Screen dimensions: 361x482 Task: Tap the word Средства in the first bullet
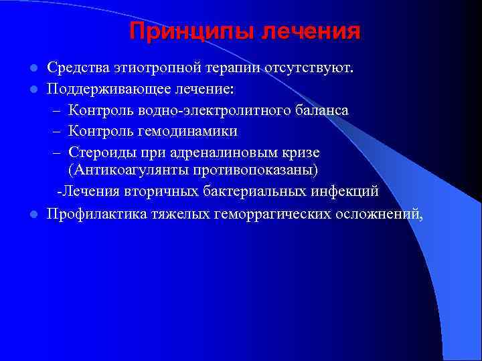73,68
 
